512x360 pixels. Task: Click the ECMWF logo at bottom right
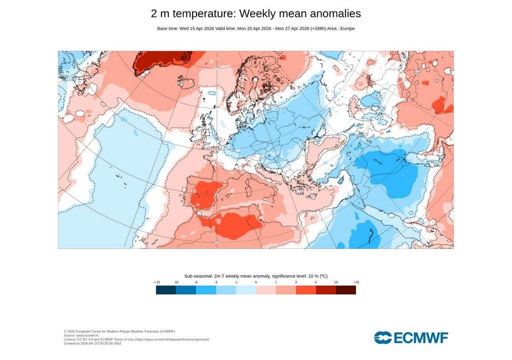click(411, 337)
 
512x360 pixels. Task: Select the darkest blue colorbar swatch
click(165, 290)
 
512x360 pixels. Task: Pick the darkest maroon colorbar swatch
click(345, 290)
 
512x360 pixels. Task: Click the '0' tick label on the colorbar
click(256, 282)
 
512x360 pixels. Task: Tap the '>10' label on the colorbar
click(355, 282)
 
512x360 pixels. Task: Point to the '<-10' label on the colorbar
click(156, 282)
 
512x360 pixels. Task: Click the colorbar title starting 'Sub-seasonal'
click(255, 276)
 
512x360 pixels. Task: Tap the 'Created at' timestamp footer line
click(92, 343)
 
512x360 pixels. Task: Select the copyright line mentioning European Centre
click(119, 331)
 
